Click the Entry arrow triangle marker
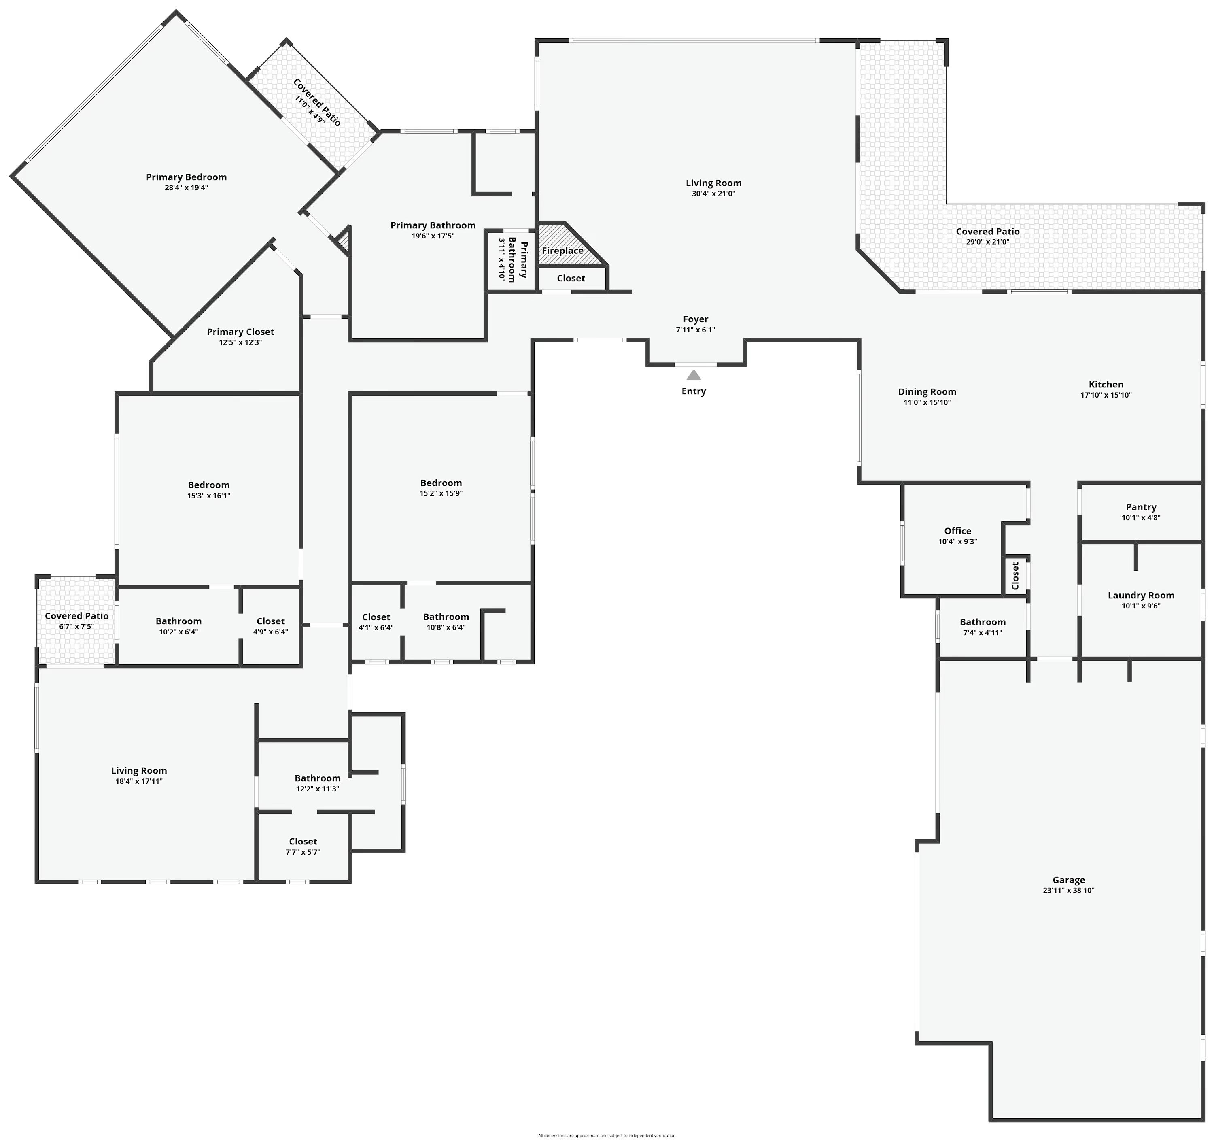pyautogui.click(x=693, y=374)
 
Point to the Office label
pyautogui.click(x=957, y=531)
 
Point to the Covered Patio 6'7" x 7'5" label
pyautogui.click(x=76, y=616)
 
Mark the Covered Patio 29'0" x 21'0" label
pyautogui.click(x=987, y=232)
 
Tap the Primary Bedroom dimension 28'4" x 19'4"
pyautogui.click(x=186, y=187)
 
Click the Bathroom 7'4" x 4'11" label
pyautogui.click(x=982, y=622)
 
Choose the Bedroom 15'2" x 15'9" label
pyautogui.click(x=441, y=483)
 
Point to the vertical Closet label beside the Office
pyautogui.click(x=1015, y=576)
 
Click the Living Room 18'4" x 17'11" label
pyautogui.click(x=139, y=771)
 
